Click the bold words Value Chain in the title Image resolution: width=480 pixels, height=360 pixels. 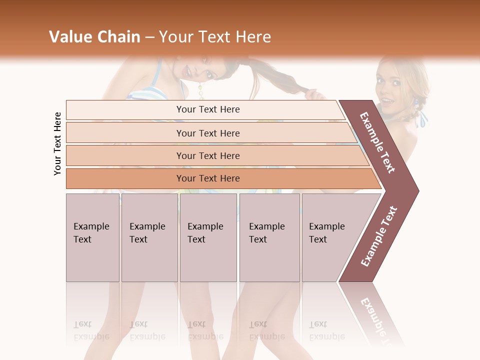pos(94,37)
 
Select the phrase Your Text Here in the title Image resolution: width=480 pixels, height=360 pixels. pos(215,37)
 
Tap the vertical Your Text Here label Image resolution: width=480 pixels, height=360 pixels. pos(57,143)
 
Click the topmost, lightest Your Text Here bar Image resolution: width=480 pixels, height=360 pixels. pos(208,109)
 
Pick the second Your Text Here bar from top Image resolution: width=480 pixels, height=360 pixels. pos(208,133)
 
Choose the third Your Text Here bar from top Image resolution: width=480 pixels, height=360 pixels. pos(208,155)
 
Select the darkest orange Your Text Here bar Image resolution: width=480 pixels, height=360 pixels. pos(208,178)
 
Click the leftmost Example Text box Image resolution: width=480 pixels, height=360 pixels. pos(92,237)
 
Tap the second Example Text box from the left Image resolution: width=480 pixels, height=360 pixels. pos(149,237)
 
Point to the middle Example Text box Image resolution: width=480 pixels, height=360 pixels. pos(208,237)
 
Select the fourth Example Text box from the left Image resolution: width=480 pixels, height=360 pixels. pos(269,237)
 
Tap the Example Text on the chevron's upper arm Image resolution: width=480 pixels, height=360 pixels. pos(377,142)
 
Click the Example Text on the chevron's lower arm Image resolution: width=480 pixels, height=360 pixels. pos(379,236)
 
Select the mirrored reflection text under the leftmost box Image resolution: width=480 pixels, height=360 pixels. pos(91,330)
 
